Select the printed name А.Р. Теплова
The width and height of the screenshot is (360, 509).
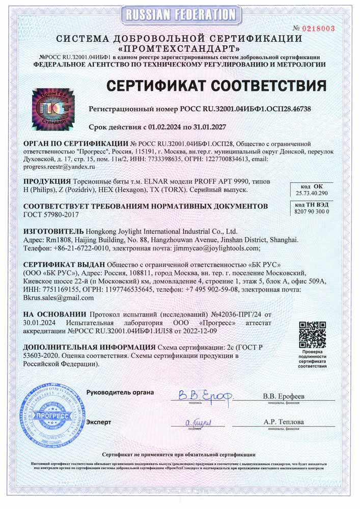[284, 422]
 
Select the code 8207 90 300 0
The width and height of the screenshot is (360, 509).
[313, 211]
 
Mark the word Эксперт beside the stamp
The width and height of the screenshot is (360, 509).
[99, 422]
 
